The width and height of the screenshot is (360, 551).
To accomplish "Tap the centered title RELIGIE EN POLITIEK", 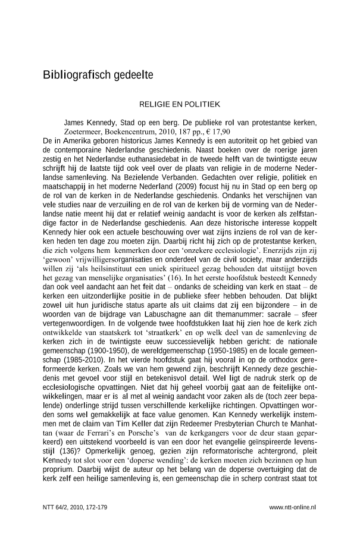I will (x=180, y=104).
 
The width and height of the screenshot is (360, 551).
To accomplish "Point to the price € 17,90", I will (x=220, y=132).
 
